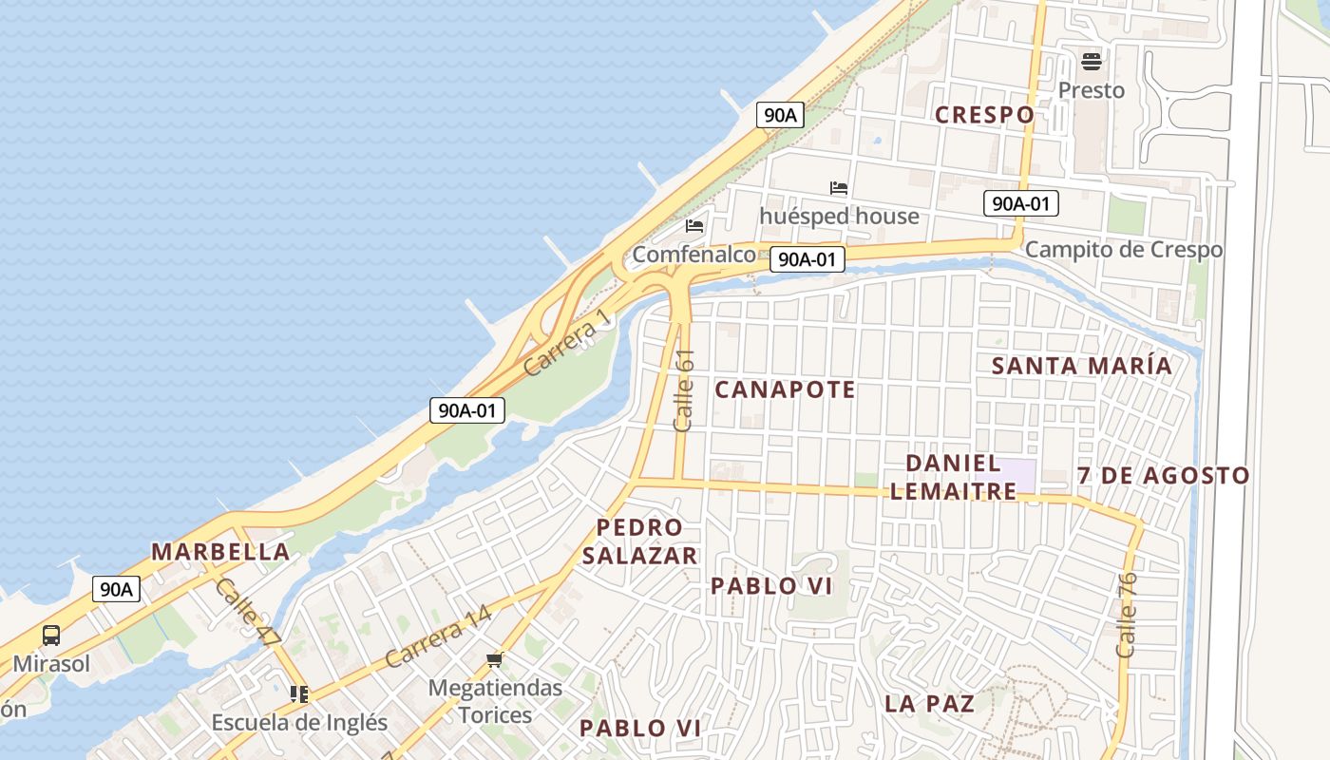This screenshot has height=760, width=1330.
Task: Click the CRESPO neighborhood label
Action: pos(984,115)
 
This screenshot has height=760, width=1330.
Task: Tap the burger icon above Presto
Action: pos(1092,63)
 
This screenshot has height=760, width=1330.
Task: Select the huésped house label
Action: pos(839,217)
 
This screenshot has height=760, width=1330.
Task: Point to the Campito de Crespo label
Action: pos(1124,250)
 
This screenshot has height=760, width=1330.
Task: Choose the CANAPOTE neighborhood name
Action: pos(785,389)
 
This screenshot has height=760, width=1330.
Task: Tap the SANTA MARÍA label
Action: pos(1082,366)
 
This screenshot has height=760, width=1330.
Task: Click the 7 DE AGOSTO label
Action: pos(1164,475)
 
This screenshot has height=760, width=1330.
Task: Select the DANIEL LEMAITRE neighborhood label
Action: pos(954,477)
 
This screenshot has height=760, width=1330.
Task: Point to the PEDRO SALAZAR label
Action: pos(639,541)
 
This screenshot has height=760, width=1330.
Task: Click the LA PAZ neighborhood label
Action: pos(930,704)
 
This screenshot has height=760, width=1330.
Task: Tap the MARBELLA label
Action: pos(220,552)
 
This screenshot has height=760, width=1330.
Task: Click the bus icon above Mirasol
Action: pos(51,636)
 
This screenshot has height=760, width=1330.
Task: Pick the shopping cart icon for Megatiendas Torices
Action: pos(494,659)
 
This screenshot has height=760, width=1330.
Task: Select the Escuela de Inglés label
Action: pos(299,722)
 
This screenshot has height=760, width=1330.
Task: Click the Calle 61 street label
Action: pos(684,391)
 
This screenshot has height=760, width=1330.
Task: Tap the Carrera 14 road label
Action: pos(438,636)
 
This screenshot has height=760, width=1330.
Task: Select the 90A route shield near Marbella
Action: pos(117,589)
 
